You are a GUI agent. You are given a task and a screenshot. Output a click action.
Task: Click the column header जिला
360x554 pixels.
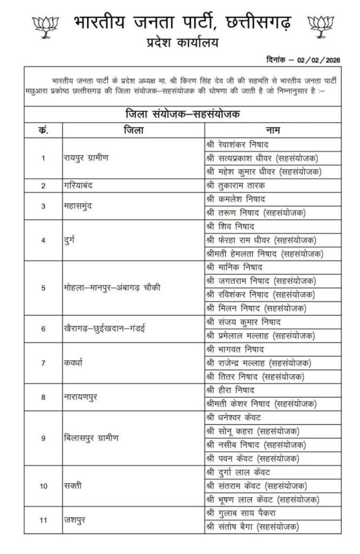pos(133,130)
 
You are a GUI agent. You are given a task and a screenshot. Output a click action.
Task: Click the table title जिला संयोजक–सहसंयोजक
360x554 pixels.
pos(181,114)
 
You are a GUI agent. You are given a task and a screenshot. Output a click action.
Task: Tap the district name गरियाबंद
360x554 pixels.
pos(80,186)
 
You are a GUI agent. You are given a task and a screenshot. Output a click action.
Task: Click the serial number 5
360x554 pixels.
pos(43,287)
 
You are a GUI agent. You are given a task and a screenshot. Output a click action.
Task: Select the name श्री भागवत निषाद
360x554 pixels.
pos(234,349)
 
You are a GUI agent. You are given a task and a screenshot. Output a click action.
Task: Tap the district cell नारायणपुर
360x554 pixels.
pos(82,397)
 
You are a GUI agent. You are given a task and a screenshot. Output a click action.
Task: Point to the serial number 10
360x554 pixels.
pos(43,485)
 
